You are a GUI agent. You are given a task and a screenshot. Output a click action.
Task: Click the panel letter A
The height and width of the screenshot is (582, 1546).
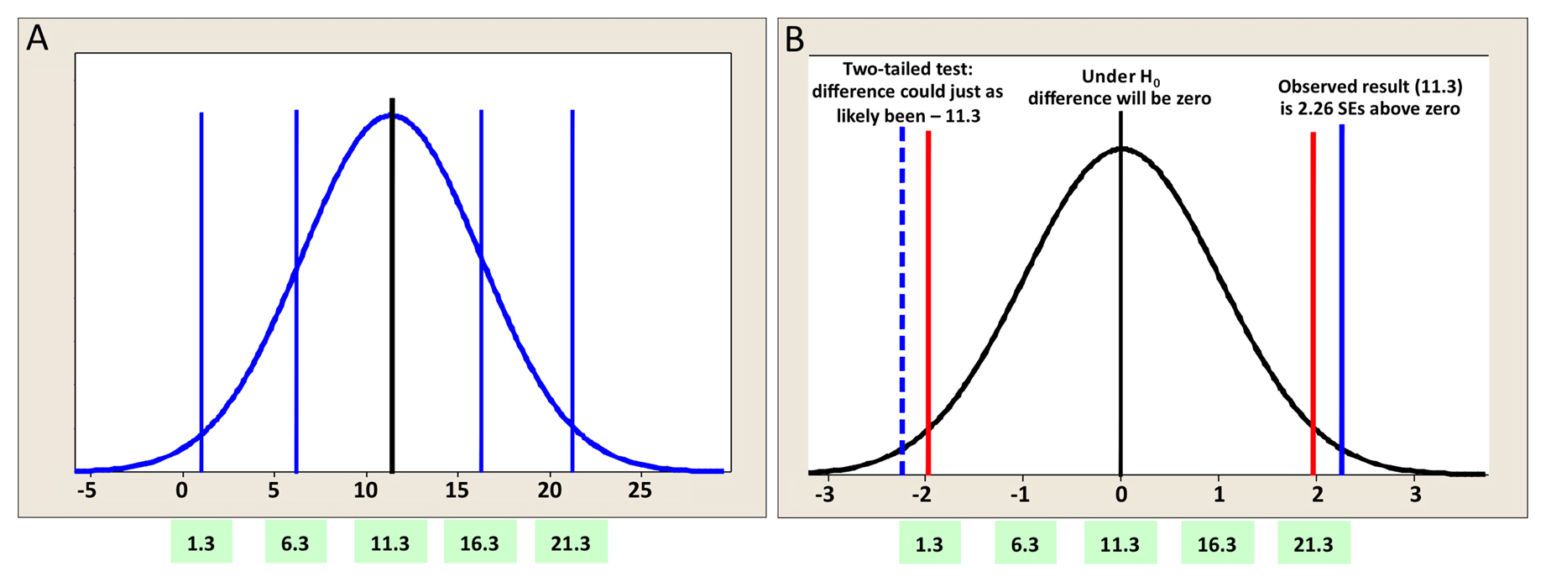(38, 38)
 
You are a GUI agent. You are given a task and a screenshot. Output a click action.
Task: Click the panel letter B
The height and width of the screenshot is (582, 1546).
(794, 39)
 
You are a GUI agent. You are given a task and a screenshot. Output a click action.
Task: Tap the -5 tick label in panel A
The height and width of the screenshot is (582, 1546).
(86, 490)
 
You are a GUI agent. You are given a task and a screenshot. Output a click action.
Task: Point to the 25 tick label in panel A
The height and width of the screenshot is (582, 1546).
(640, 490)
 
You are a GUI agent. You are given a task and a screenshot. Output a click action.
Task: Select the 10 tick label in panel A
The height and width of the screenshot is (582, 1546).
(365, 490)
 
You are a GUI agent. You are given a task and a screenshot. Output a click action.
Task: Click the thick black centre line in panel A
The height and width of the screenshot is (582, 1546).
(392, 286)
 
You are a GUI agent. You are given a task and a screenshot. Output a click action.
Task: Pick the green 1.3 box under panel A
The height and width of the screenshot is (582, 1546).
(201, 543)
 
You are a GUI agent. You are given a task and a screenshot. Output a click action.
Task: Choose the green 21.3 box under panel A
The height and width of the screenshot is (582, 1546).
(571, 543)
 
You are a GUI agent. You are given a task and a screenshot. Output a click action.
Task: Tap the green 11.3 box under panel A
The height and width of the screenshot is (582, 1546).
(390, 543)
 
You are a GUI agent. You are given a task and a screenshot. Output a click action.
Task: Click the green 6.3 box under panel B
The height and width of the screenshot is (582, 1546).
(1025, 543)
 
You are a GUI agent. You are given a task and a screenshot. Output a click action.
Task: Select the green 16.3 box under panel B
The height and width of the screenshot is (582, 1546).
(1217, 543)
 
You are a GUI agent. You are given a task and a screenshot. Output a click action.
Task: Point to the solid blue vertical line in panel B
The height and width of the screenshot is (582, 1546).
(1342, 300)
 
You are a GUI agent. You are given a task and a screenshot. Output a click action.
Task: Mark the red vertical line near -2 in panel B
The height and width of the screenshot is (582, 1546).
(928, 303)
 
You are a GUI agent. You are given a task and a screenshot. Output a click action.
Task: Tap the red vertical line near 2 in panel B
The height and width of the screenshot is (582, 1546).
(1314, 304)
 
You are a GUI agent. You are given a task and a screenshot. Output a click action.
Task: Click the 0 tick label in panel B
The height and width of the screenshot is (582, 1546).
(1120, 495)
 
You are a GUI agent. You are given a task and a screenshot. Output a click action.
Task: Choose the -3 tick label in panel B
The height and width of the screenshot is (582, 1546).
(826, 495)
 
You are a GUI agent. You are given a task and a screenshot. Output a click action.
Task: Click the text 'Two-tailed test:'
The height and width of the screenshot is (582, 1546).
(908, 69)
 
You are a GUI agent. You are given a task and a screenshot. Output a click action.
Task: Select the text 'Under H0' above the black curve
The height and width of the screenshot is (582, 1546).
(1120, 77)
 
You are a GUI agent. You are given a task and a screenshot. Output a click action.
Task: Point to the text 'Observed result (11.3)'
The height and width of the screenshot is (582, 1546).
(1371, 87)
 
